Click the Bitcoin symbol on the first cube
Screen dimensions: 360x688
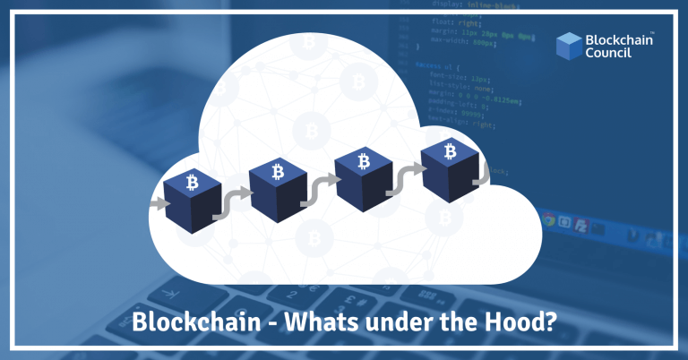point(193,183)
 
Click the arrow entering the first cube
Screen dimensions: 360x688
point(158,204)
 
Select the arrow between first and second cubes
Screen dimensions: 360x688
point(235,201)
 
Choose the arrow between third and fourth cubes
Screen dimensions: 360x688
point(407,180)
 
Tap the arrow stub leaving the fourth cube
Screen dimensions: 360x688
point(483,173)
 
